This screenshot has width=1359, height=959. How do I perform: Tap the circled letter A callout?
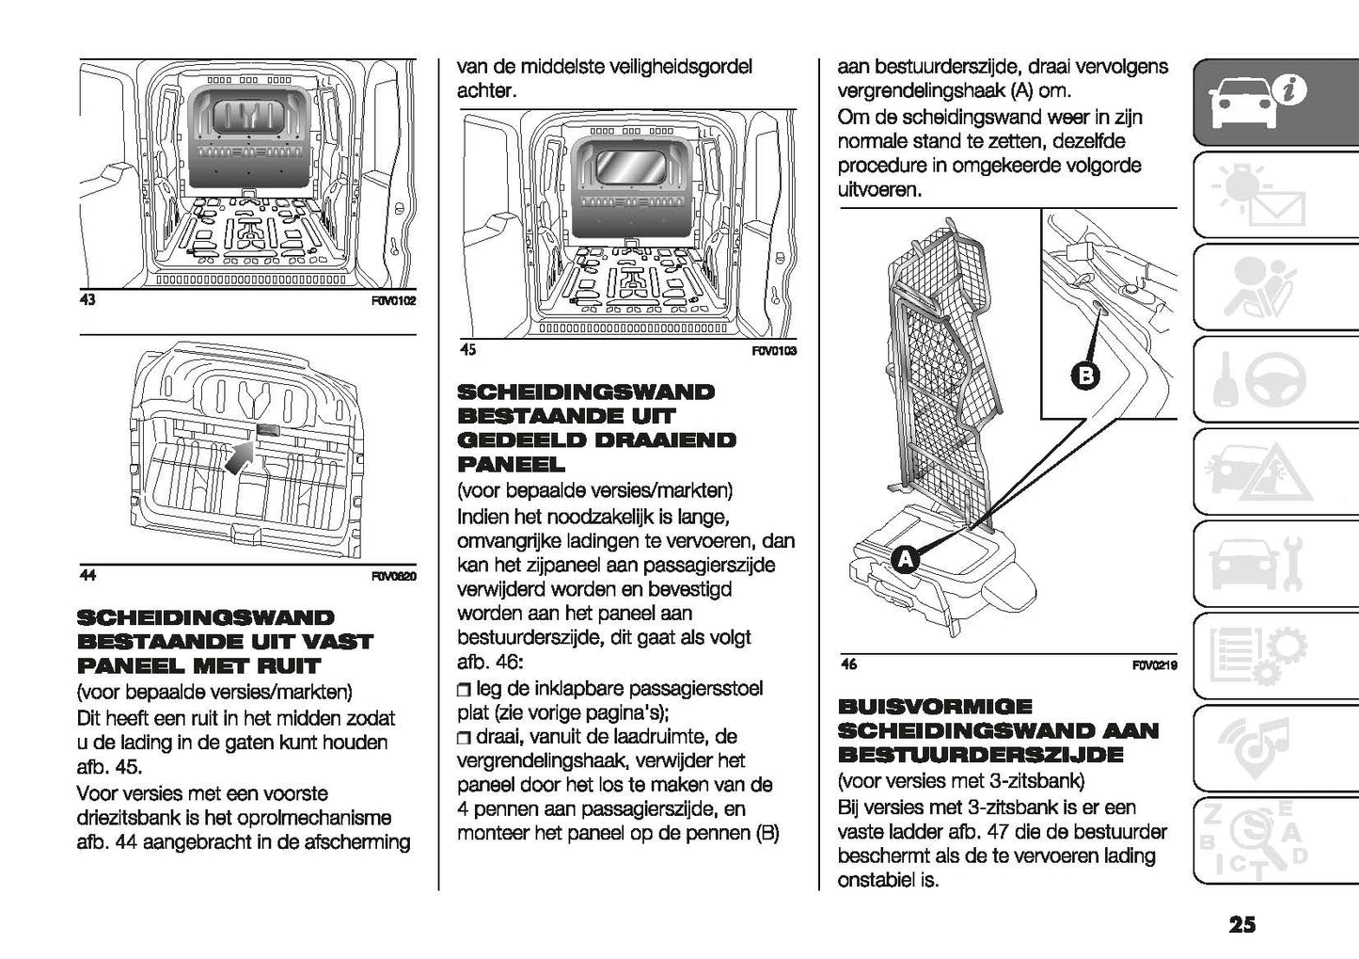[905, 560]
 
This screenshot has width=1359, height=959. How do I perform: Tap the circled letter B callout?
[1084, 376]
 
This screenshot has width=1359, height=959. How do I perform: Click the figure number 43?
[87, 300]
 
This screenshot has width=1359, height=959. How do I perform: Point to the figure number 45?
[467, 350]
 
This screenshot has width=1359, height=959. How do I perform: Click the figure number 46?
[848, 664]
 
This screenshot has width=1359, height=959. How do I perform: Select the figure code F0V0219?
[1155, 665]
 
